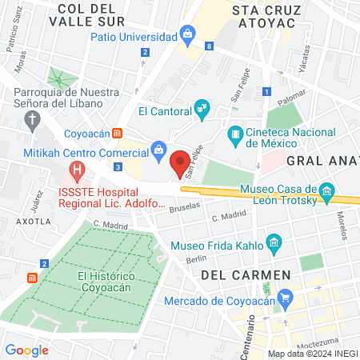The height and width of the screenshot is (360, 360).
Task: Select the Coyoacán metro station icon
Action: (118, 133)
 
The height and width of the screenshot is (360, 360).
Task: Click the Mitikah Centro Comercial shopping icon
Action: (159, 149)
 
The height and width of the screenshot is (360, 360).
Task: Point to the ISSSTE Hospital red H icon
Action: (77, 170)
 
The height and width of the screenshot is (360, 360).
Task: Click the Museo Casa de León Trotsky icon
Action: (326, 191)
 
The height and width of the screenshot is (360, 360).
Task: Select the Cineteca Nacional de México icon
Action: (235, 132)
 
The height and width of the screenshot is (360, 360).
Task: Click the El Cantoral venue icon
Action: (202, 106)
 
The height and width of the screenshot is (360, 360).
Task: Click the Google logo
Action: (27, 350)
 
